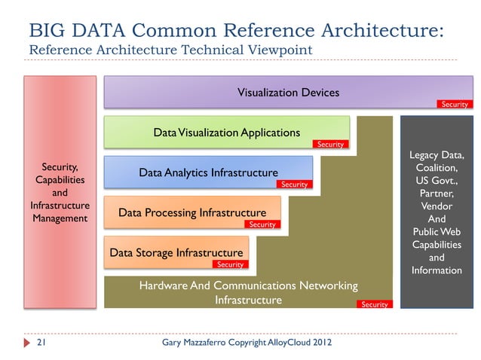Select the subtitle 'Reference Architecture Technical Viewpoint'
click(x=170, y=50)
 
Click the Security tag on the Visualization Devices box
click(x=454, y=105)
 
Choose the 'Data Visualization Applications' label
click(x=226, y=133)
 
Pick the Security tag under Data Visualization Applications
click(x=330, y=144)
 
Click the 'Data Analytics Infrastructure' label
click(x=208, y=173)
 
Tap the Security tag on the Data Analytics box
click(x=293, y=185)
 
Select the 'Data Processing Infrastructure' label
click(x=192, y=213)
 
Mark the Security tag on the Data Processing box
click(x=262, y=224)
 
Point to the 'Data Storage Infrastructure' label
click(x=176, y=253)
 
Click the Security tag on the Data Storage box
click(x=230, y=264)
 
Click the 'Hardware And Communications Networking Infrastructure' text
click(x=248, y=293)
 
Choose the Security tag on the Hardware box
click(x=374, y=304)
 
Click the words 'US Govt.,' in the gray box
click(x=437, y=181)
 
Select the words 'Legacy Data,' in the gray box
click(x=437, y=155)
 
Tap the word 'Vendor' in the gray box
click(x=437, y=206)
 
